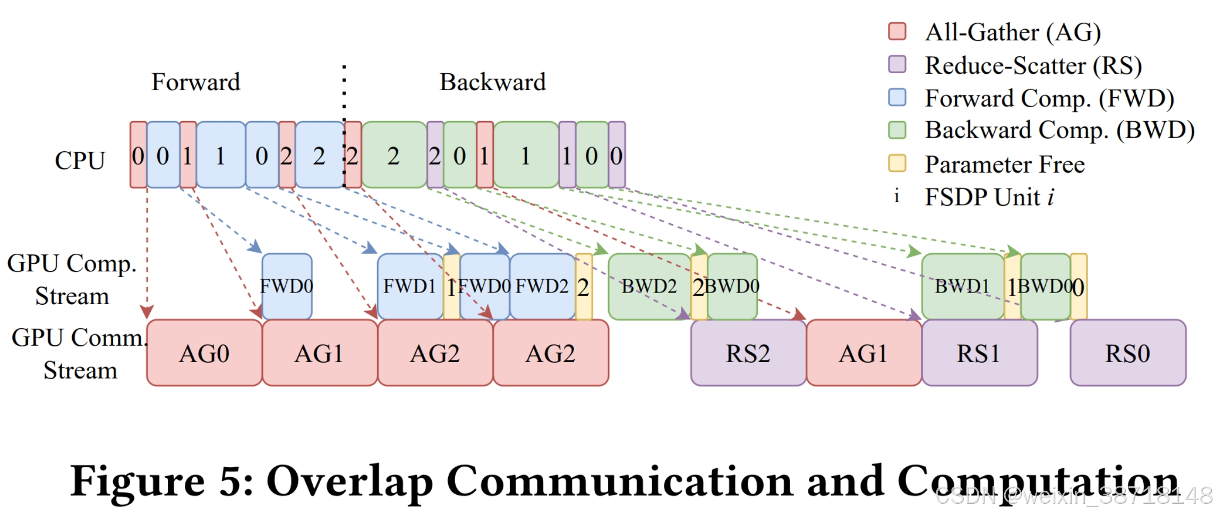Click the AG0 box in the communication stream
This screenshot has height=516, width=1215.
click(x=204, y=353)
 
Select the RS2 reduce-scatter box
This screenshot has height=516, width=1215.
click(x=748, y=353)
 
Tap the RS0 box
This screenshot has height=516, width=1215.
click(x=1127, y=353)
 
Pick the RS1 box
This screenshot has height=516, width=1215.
click(x=979, y=353)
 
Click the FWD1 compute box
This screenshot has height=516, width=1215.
click(x=409, y=287)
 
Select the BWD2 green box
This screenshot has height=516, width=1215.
click(x=649, y=287)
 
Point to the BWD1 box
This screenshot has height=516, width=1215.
click(x=962, y=287)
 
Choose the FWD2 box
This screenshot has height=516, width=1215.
click(x=542, y=287)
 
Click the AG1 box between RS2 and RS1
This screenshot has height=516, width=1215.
click(x=863, y=353)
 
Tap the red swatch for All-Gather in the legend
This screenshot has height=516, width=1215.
click(x=897, y=31)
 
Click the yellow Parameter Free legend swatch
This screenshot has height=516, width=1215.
click(x=897, y=163)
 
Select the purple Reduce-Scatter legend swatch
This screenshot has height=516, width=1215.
click(x=897, y=64)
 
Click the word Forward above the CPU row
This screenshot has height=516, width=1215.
click(x=195, y=82)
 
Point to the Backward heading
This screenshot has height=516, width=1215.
click(x=492, y=82)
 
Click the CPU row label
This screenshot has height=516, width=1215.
click(x=80, y=160)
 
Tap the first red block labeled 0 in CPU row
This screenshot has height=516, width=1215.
click(x=138, y=155)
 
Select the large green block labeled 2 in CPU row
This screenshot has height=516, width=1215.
click(x=393, y=155)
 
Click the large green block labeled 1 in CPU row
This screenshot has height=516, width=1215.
click(x=525, y=155)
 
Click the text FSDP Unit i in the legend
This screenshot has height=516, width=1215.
click(x=989, y=197)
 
